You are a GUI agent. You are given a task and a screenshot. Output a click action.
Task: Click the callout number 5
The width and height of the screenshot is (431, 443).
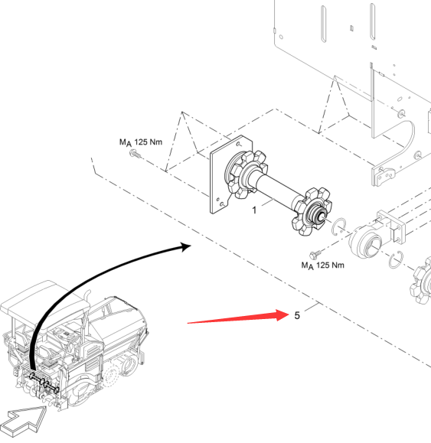coord(297,315)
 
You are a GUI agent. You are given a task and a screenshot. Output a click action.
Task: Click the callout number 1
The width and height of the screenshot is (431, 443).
coord(254,210)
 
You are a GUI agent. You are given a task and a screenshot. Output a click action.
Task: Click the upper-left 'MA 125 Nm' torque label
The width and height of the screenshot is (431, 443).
coord(141,142)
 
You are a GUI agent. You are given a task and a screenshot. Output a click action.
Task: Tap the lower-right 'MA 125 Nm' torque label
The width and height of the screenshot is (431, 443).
coord(323,265)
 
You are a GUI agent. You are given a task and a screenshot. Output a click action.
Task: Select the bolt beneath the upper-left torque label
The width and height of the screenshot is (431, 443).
coord(135,154)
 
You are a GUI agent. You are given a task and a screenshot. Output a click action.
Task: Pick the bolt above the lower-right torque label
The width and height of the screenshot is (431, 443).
coord(315,254)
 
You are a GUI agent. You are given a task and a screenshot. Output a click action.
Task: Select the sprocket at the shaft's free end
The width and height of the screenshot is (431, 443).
coord(312,211)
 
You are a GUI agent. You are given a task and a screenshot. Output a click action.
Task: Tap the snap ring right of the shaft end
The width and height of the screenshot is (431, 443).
coord(339,226)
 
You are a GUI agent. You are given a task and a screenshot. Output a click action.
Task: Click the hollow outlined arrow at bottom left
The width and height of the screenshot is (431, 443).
coord(23,421)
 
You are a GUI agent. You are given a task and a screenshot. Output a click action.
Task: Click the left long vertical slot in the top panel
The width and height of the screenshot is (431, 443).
coord(324,24)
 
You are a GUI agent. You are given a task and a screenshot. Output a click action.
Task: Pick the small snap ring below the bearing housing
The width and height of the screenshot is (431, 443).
coord(395,260)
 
